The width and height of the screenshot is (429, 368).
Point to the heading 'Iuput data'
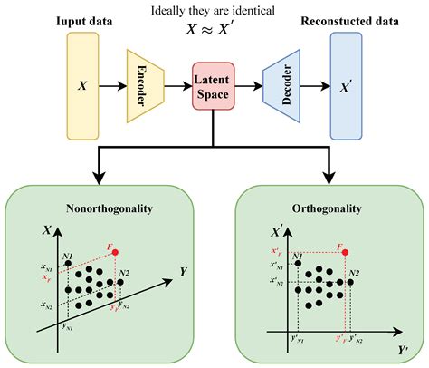83,19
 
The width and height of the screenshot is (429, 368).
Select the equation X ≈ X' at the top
214,29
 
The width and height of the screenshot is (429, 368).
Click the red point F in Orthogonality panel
346,251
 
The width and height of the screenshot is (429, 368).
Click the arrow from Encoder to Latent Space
179,87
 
